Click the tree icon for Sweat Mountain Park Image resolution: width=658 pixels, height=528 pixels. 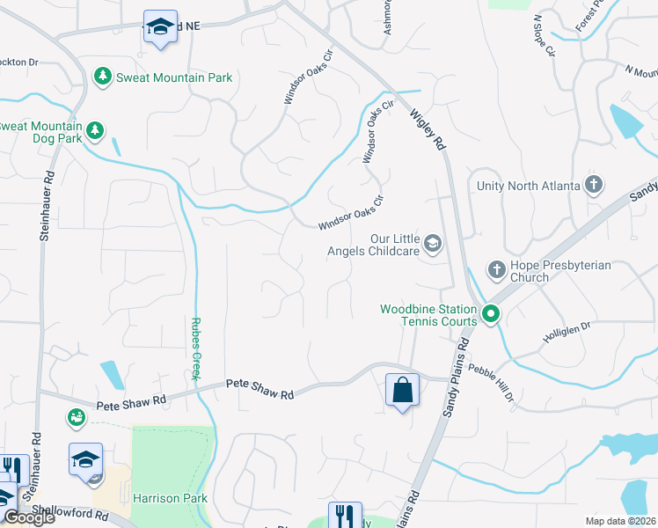[103, 77]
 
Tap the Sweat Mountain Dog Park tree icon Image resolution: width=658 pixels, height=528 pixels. [94, 132]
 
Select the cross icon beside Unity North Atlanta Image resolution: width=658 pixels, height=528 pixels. [594, 185]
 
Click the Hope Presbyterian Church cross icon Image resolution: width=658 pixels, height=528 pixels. [496, 268]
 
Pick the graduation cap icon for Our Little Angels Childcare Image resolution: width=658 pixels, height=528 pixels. [432, 242]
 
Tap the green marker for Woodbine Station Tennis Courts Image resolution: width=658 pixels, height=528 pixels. [490, 312]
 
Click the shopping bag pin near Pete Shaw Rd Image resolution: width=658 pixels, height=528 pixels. [402, 388]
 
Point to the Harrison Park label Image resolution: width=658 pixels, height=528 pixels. [170, 498]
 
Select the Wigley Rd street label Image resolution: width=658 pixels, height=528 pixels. [428, 129]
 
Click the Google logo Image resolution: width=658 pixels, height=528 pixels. [28, 517]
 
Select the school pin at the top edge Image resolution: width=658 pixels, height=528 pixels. [159, 27]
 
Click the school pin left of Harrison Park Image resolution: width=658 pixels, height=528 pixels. [86, 458]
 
